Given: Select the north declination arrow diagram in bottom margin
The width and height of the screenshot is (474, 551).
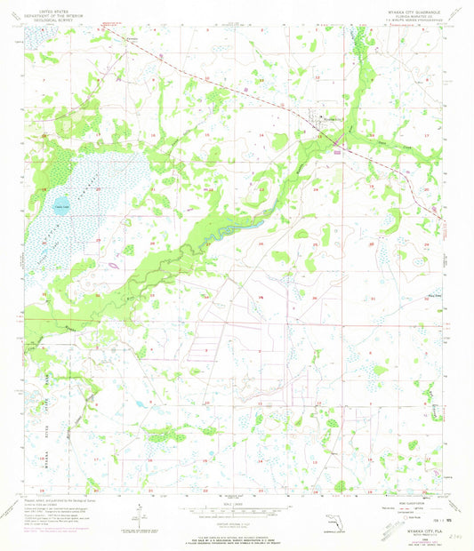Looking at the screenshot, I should [x=140, y=514].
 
